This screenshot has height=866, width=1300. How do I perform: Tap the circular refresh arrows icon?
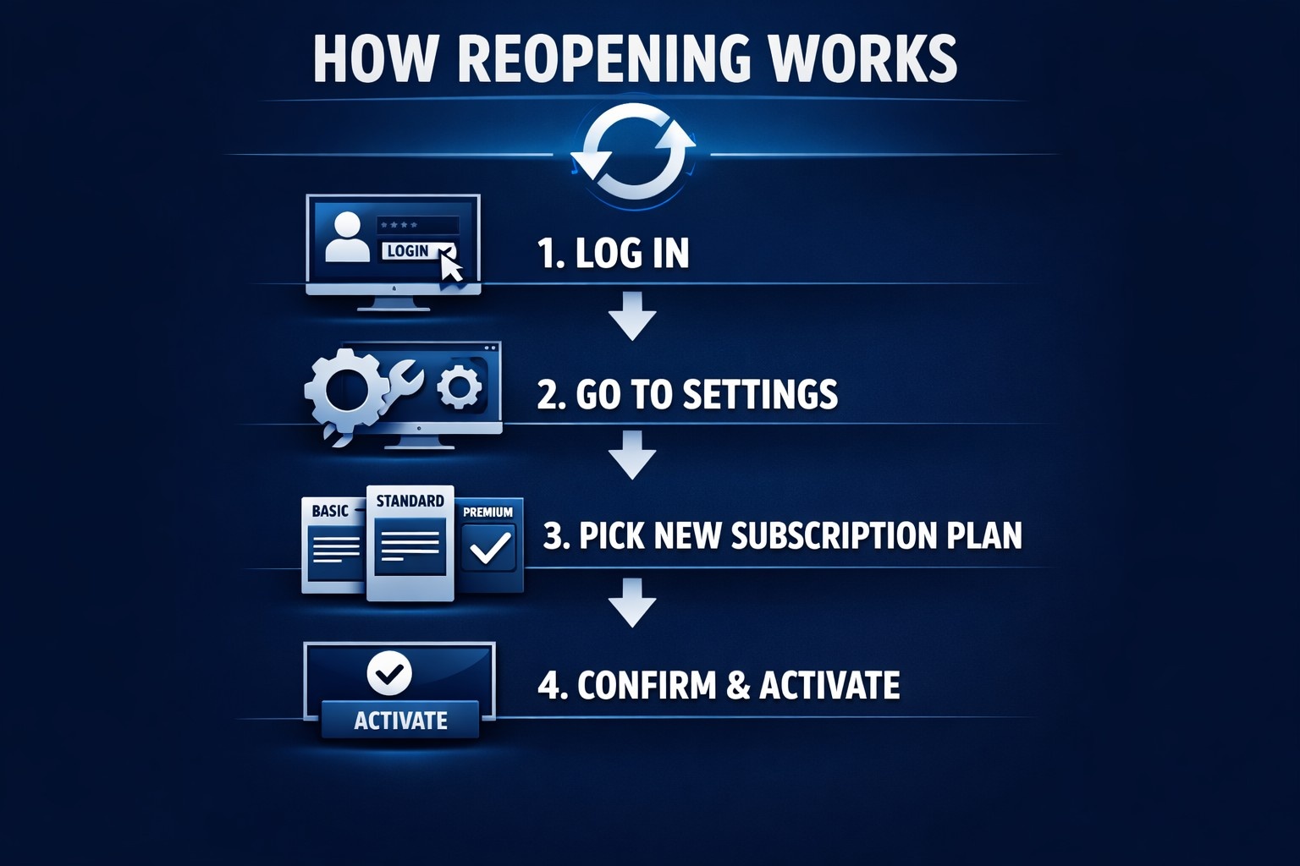pos(633,153)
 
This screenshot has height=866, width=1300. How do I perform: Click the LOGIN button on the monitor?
pos(409,251)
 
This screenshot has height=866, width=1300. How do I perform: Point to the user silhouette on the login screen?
pos(347,237)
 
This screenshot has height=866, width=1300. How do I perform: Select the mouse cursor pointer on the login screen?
pos(452,266)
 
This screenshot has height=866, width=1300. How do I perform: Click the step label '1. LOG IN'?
pos(614,253)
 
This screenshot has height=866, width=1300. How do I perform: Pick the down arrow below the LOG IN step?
pos(632,315)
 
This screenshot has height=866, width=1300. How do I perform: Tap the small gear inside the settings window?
pos(460,387)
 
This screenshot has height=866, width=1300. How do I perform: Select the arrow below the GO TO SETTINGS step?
pos(632,455)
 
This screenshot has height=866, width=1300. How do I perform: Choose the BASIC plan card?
pos(332,545)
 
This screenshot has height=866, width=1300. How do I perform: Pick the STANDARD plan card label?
pos(410,501)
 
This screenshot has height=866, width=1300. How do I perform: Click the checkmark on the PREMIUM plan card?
pos(490,547)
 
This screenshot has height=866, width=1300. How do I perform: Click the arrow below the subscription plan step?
pos(632,602)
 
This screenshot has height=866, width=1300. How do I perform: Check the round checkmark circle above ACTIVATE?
pos(389,673)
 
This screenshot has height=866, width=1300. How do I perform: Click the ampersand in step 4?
pos(738,685)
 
